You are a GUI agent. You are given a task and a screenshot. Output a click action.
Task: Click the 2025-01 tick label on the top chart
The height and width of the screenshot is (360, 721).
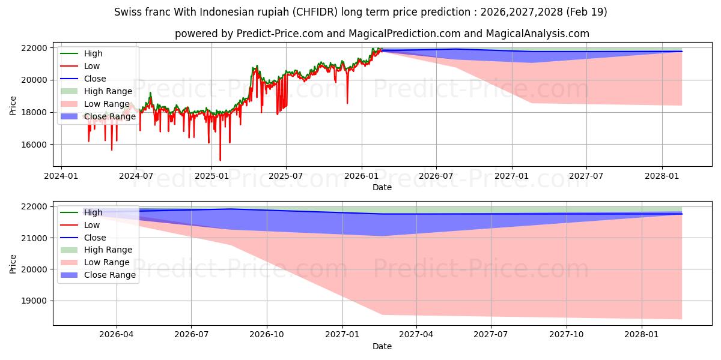(211, 176)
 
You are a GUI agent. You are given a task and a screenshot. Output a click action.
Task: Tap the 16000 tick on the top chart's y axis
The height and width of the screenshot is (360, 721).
(34, 145)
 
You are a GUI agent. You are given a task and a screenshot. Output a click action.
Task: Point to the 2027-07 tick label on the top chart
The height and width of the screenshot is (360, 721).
(586, 176)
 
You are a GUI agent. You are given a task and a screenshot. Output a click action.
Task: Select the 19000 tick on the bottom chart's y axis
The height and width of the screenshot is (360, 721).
(34, 301)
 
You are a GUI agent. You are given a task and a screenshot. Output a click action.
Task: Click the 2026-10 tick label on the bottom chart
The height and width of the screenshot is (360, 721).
(267, 335)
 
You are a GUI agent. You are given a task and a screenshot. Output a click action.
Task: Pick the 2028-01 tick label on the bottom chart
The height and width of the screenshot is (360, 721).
(642, 335)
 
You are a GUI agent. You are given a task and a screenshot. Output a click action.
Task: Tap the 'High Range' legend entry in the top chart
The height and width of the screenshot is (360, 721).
(97, 91)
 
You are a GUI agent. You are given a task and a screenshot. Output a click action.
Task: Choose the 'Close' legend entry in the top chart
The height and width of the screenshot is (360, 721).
(83, 79)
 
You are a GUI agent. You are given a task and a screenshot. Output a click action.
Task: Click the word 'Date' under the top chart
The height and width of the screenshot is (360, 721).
(382, 187)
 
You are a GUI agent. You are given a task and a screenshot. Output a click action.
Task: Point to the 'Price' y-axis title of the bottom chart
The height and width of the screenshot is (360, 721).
(13, 264)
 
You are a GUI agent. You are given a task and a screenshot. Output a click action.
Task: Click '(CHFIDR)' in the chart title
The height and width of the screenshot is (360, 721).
(315, 12)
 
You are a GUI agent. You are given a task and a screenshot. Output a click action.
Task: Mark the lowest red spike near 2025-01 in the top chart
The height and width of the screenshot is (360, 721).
(220, 160)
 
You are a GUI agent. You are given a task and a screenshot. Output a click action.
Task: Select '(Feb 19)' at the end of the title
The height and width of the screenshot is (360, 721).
(587, 12)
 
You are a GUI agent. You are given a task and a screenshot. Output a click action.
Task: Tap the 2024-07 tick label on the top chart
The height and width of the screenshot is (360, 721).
(136, 176)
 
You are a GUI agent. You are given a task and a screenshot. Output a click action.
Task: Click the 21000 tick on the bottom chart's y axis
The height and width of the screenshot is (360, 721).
(34, 238)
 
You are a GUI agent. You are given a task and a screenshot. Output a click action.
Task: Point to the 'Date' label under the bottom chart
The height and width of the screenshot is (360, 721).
(382, 346)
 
